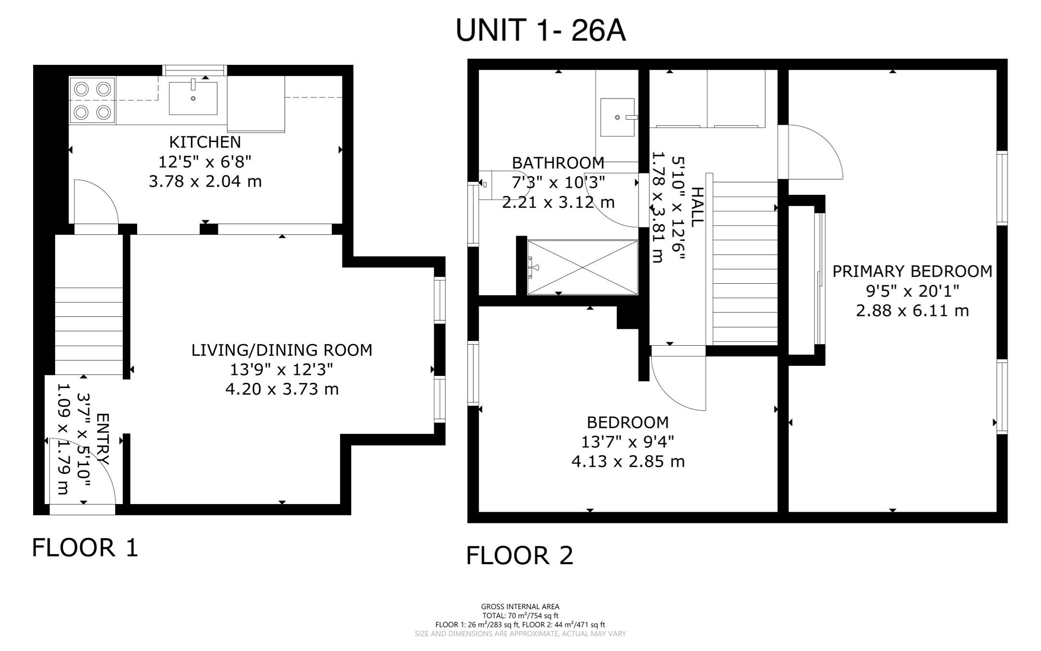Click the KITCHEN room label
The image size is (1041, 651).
coord(205,142)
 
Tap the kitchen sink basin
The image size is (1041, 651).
coord(193,98)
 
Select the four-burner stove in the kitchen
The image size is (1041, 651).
coord(92,101)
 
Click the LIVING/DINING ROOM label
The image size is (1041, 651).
coord(282,350)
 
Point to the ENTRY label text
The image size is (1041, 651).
coord(103,439)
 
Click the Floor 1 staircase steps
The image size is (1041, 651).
coord(89,331)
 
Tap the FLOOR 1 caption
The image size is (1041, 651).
coord(85,548)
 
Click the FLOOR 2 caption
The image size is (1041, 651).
coord(520,555)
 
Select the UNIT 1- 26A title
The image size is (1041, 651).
coord(541,30)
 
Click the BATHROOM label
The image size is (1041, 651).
coord(558,163)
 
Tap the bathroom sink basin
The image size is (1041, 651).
coord(617,117)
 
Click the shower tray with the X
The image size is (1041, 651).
coord(582,267)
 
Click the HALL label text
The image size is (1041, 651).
coord(697,207)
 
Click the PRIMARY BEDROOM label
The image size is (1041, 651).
coord(912,271)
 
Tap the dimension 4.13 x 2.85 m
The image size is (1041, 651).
coord(628,462)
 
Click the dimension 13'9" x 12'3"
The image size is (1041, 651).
coord(282,370)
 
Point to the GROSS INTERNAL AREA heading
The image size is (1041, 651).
coord(520,606)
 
